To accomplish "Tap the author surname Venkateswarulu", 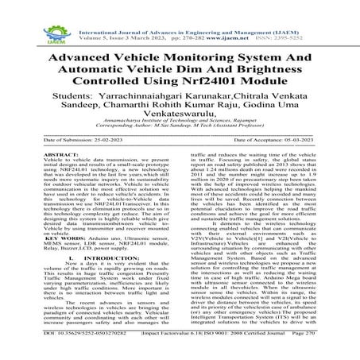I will (x=180, y=119).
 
